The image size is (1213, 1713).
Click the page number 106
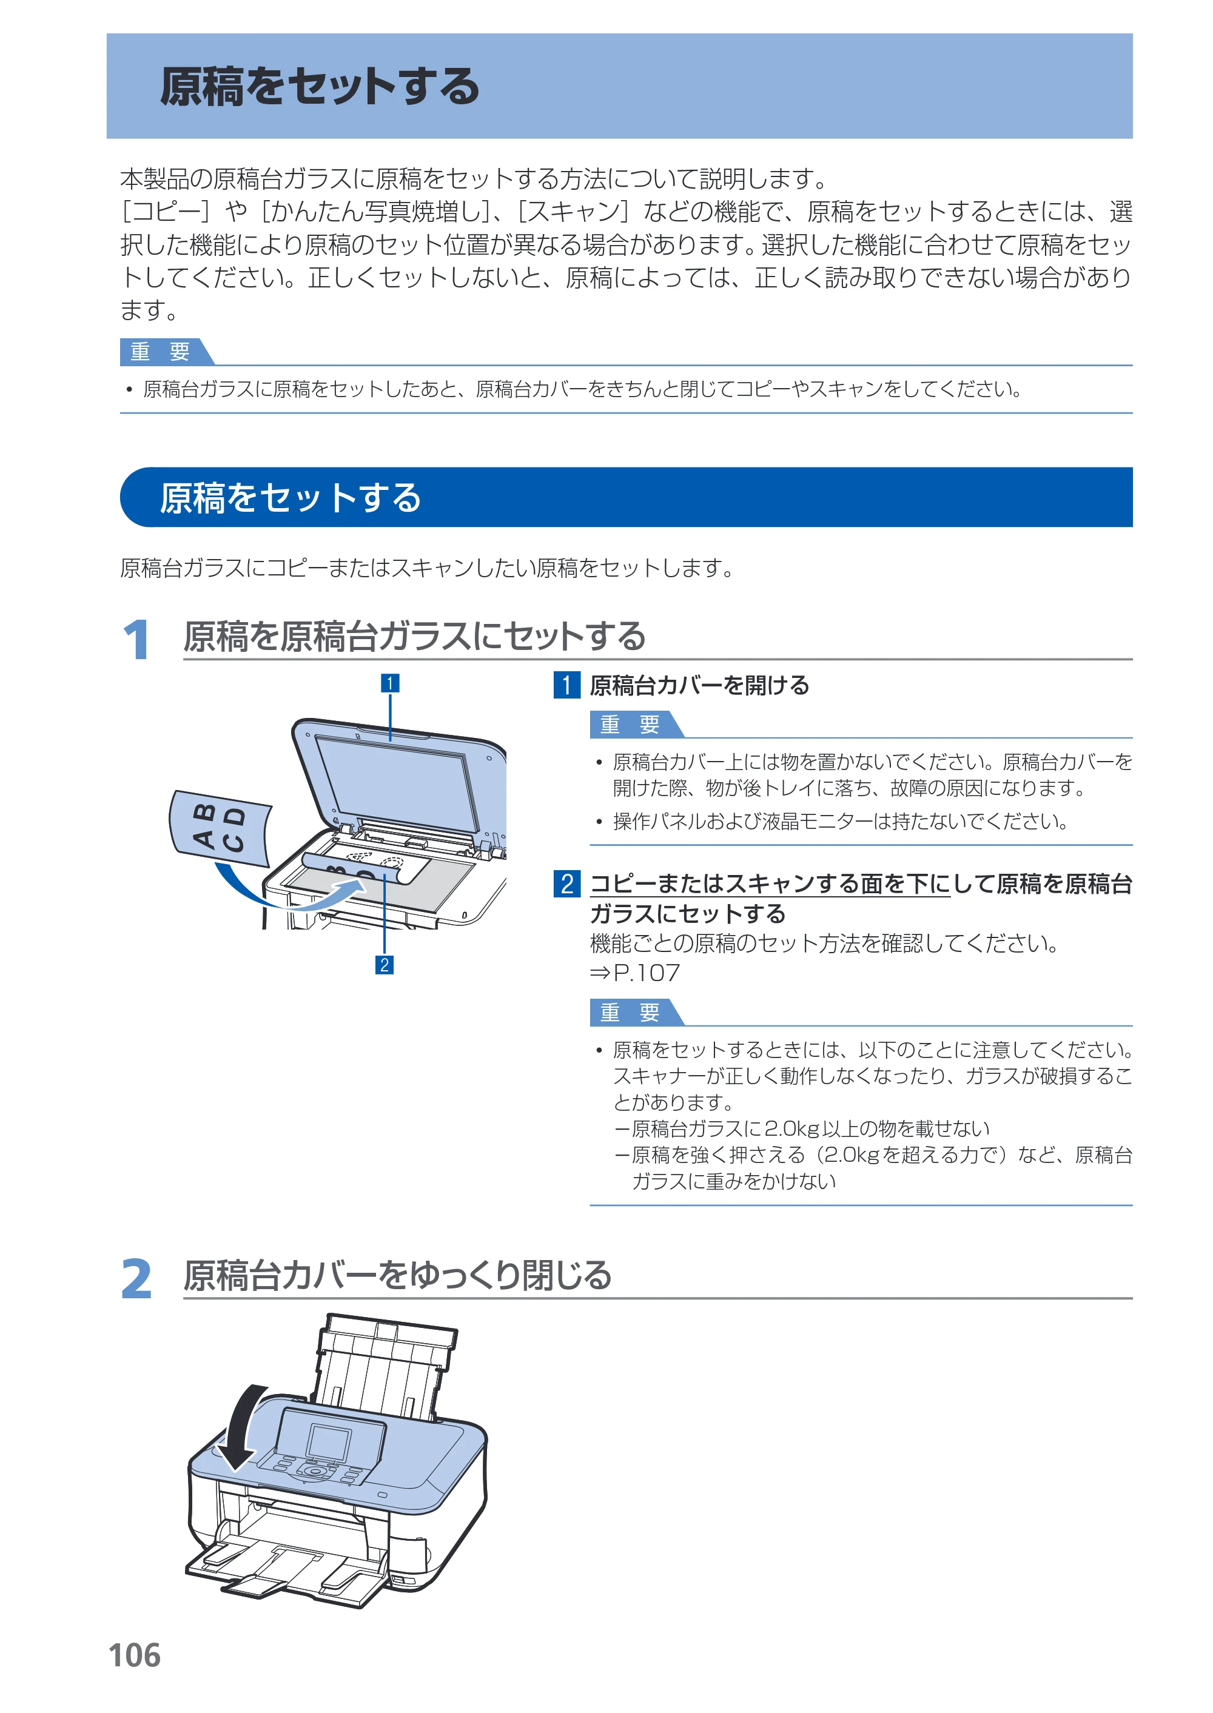(135, 1655)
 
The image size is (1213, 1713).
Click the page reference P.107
(646, 973)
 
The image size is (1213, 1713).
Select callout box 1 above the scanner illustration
(390, 683)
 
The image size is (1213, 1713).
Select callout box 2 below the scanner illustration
(384, 965)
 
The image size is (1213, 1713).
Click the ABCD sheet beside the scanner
(220, 827)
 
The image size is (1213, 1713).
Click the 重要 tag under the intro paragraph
(161, 352)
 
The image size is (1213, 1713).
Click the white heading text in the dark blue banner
(291, 497)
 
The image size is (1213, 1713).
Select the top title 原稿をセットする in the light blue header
(320, 86)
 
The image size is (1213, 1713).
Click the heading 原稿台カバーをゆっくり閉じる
(398, 1275)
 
